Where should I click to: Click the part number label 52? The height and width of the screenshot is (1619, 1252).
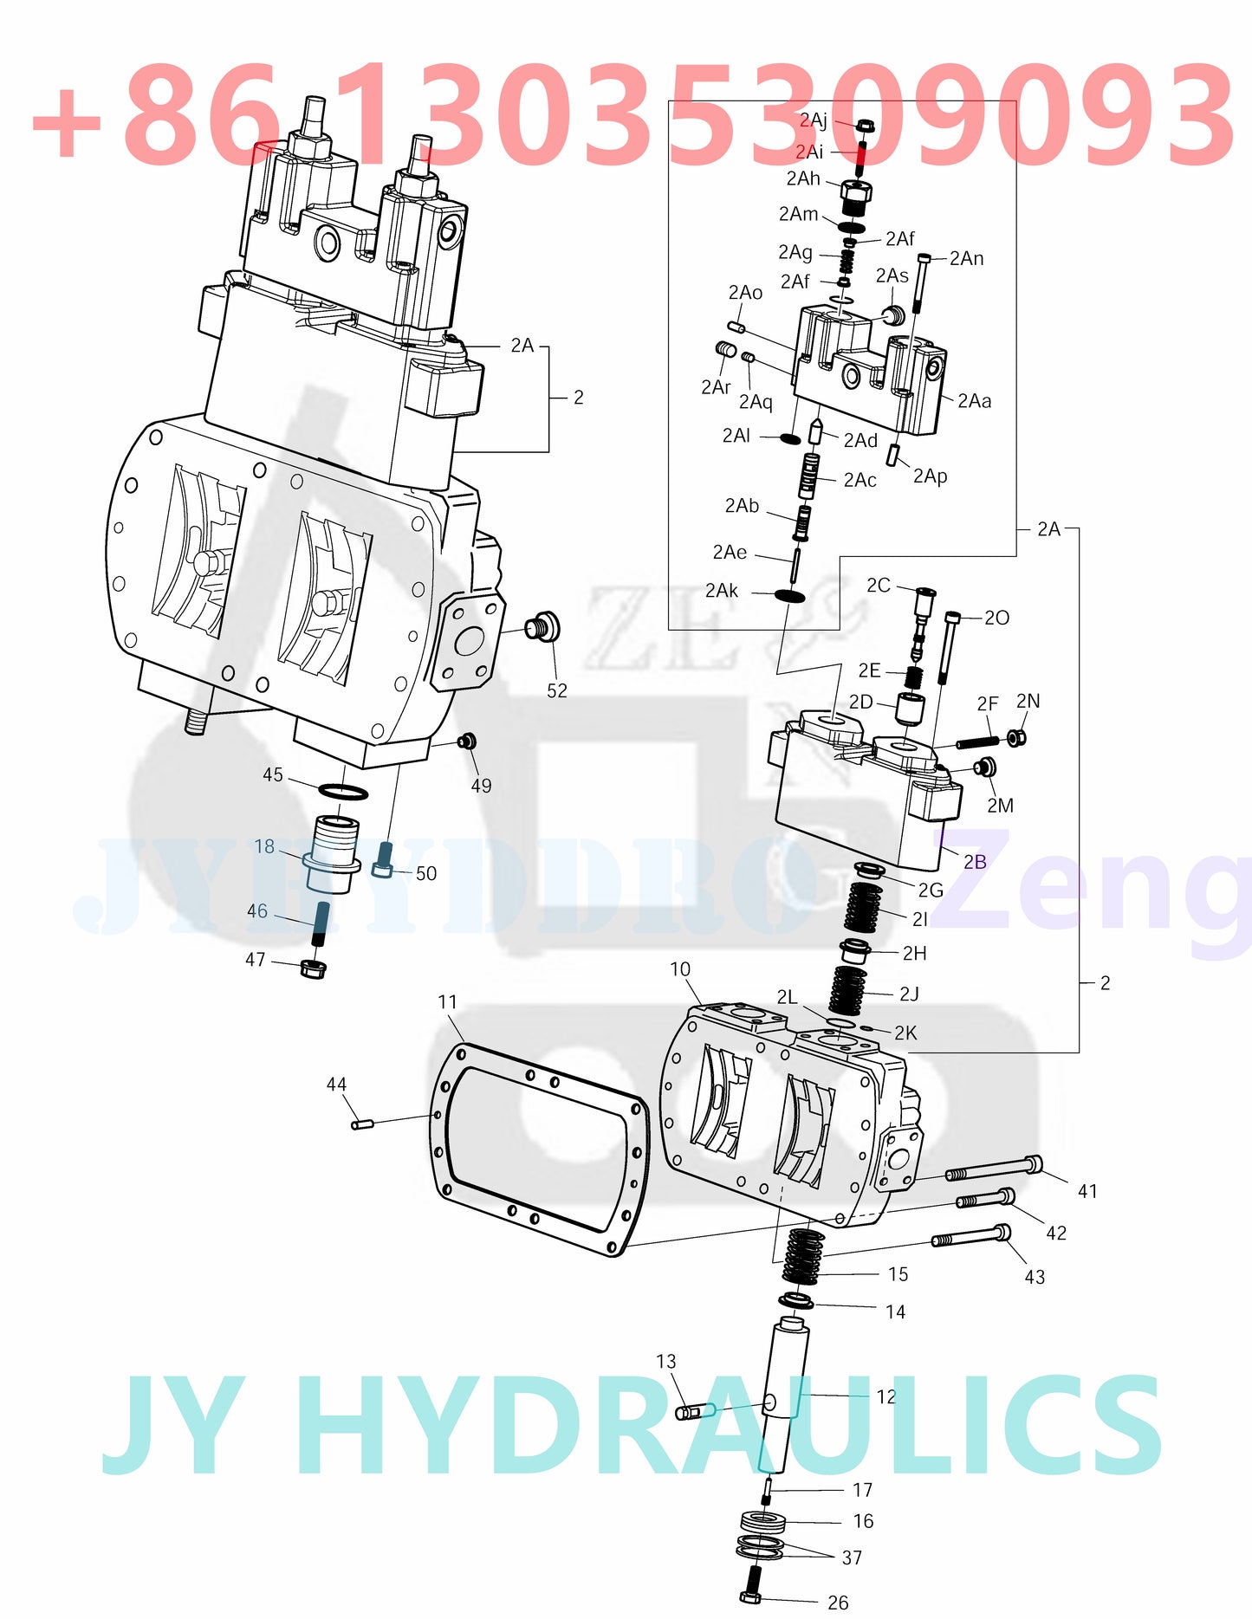click(557, 690)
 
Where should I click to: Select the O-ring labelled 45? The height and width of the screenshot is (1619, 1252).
click(344, 791)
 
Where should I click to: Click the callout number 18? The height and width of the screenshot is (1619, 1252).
click(264, 846)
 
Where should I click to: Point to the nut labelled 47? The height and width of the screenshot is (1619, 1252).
click(313, 968)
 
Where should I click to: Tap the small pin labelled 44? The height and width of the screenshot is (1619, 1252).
click(362, 1124)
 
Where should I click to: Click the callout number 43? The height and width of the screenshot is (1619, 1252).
click(1035, 1277)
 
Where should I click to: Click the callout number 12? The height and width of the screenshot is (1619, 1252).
click(886, 1396)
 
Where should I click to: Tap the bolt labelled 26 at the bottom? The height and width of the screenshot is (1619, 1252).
click(751, 1584)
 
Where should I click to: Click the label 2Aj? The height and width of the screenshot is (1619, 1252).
click(813, 120)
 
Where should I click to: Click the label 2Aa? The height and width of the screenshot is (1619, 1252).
click(975, 401)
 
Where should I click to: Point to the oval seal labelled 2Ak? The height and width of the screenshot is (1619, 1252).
click(789, 596)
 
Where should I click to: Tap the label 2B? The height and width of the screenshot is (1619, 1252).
click(975, 861)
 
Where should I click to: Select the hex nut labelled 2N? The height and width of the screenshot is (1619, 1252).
click(1017, 738)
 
